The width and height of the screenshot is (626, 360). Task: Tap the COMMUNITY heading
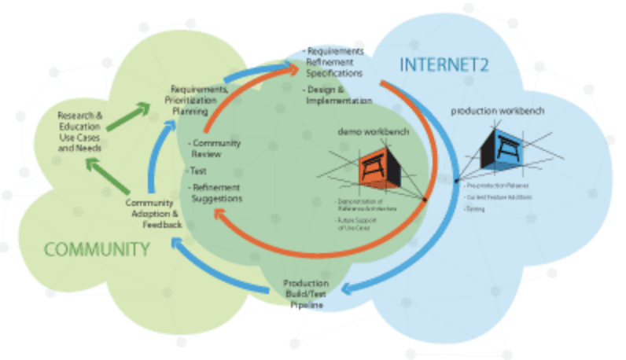coord(97,250)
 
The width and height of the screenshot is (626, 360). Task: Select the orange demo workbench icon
coord(381,168)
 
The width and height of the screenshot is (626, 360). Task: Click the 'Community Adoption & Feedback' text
coord(154,214)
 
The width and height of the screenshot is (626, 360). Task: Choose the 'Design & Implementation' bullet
coord(338,95)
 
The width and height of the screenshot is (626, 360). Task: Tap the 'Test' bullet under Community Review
coord(196,170)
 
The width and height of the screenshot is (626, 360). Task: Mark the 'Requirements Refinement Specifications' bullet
coord(335,61)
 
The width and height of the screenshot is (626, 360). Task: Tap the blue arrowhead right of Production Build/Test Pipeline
coord(351,291)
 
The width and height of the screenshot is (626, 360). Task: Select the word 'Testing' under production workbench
coord(475,208)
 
